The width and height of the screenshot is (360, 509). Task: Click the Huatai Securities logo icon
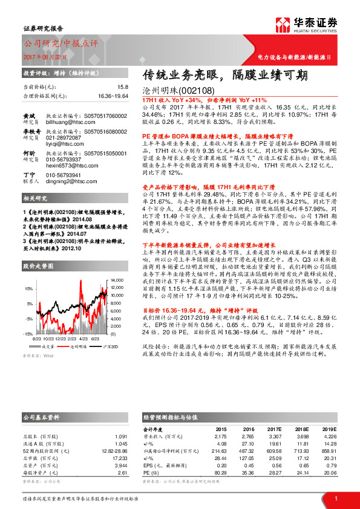[283, 25]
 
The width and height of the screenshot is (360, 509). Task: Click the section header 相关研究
[35, 198]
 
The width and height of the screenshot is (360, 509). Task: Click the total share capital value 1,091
[121, 436]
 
